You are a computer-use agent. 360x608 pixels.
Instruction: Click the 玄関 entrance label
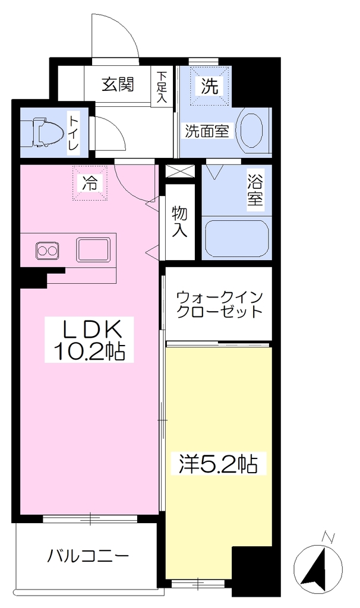118,84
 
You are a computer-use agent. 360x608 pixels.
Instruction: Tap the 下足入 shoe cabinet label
162,87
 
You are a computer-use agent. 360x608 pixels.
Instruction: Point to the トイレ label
73,133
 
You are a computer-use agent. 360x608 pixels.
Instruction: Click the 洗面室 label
206,131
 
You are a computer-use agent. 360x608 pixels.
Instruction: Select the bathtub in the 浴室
236,239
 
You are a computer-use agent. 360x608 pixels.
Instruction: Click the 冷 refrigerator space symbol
89,183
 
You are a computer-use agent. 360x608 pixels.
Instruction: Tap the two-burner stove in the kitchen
48,250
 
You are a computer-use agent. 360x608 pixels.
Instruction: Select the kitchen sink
93,249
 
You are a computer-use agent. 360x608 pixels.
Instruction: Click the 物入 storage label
179,221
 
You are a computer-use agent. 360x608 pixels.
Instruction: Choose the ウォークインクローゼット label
220,305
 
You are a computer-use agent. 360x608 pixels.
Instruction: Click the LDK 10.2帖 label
89,340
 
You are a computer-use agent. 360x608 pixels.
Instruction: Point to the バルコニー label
88,556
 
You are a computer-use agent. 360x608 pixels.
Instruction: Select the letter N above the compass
329,537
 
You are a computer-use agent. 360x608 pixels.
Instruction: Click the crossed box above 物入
179,171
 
